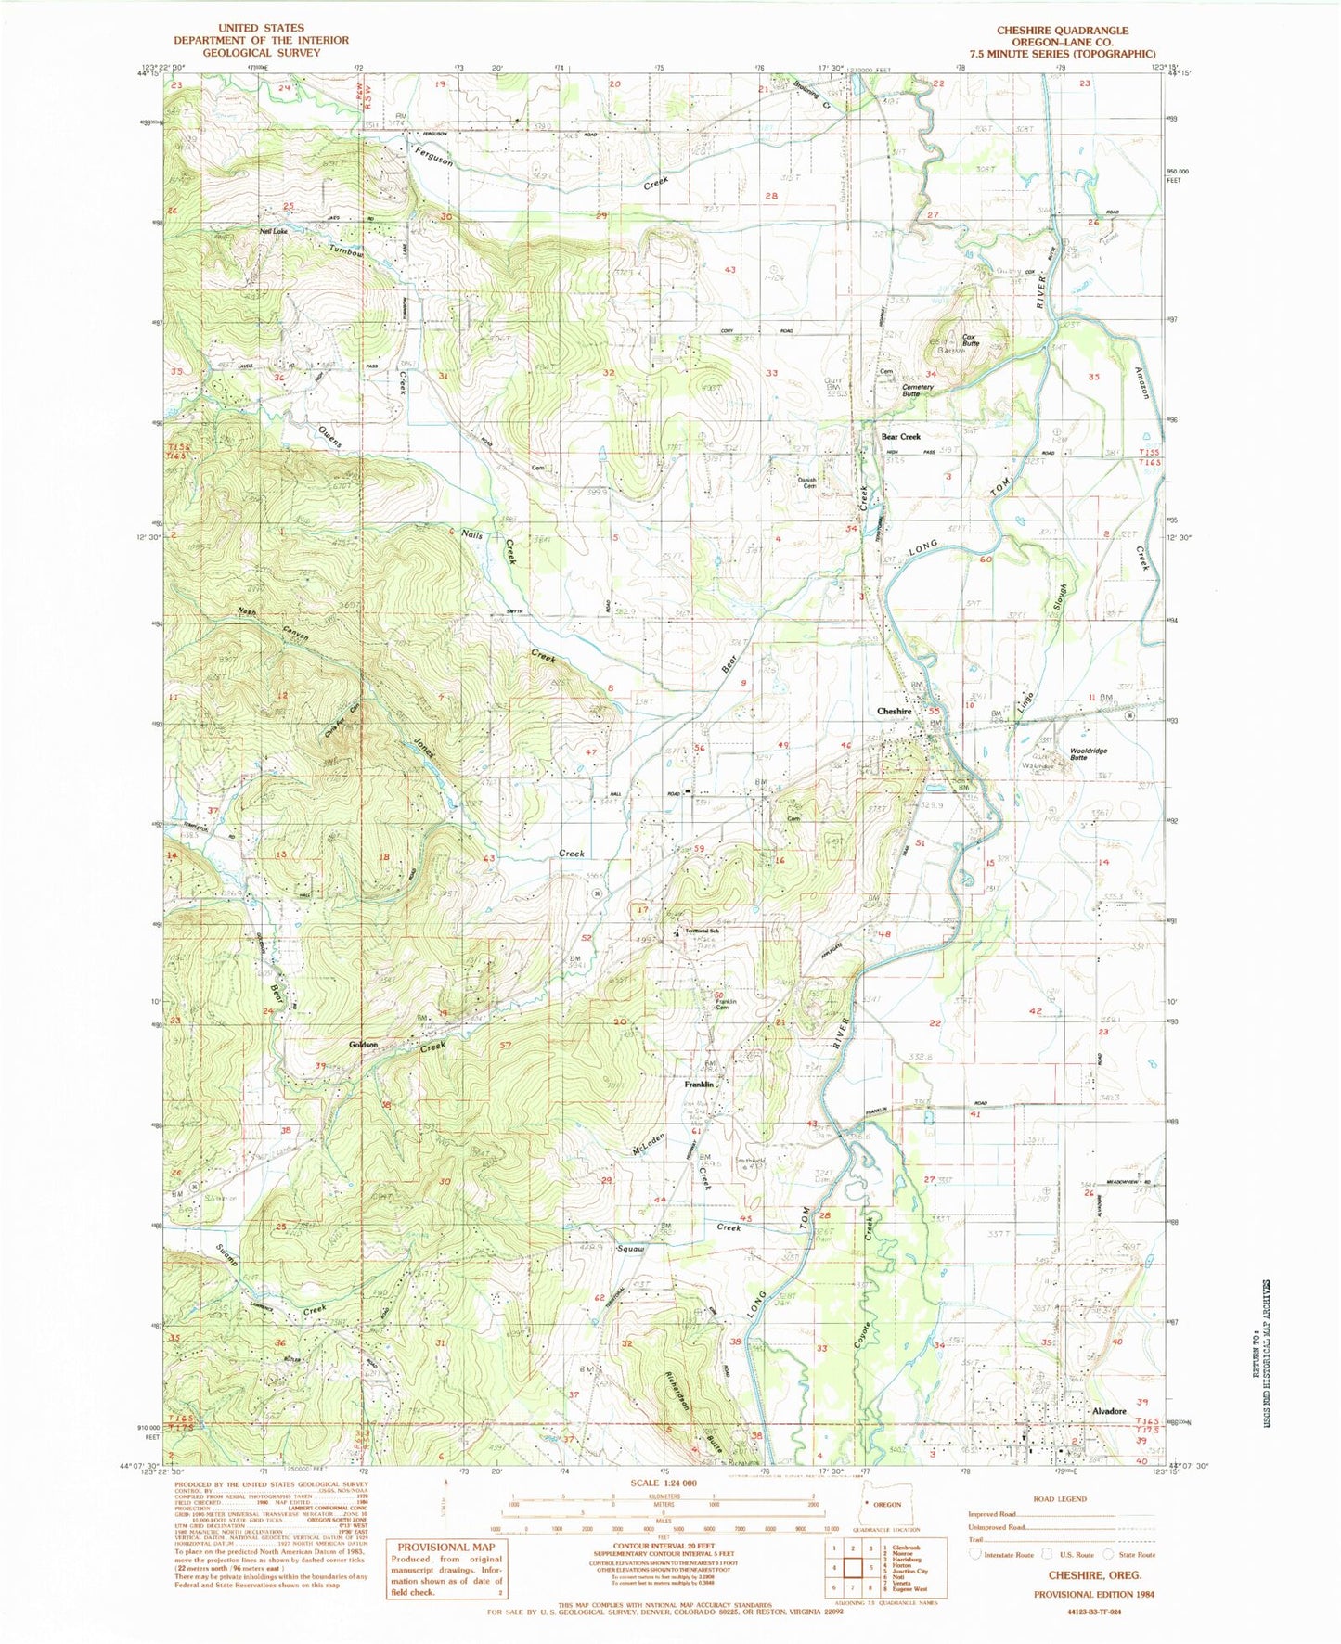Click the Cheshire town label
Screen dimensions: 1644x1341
pos(895,711)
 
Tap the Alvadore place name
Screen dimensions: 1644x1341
pos(1108,1411)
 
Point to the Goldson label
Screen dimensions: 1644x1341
pos(363,1045)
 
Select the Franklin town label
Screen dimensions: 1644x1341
pos(699,1084)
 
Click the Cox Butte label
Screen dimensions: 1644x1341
pos(971,340)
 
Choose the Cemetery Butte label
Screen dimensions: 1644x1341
pos(918,391)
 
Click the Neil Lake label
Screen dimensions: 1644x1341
pos(273,230)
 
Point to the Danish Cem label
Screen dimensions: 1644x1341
pos(807,482)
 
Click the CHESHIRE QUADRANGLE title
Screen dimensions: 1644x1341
pos(1063,30)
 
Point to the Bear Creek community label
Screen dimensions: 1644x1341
pos(900,436)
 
